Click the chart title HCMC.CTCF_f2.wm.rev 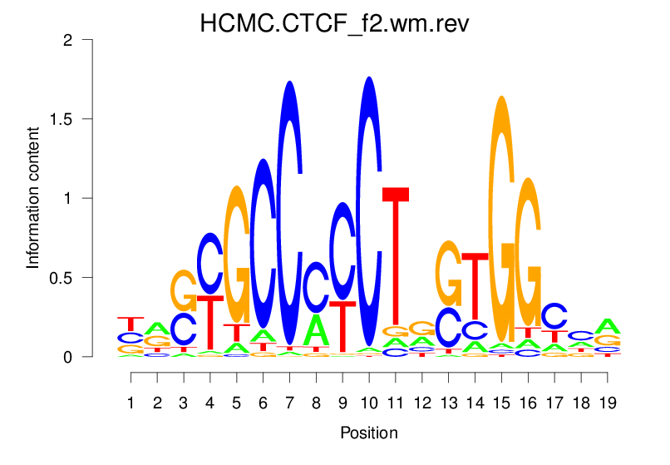tap(334, 22)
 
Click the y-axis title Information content tap(33, 198)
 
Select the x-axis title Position tap(369, 433)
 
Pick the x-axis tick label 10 tap(367, 403)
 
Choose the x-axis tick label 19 tap(608, 403)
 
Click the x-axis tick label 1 tap(131, 403)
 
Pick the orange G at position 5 tap(237, 254)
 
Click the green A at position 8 tap(316, 329)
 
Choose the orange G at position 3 tap(184, 291)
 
